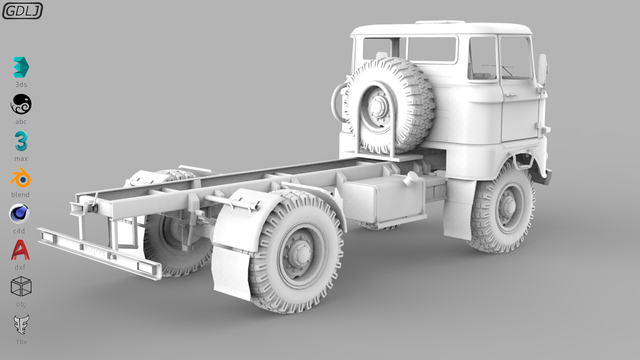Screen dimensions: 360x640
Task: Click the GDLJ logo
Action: (22, 10)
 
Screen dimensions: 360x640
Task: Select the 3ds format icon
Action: (21, 67)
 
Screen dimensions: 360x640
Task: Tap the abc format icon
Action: (21, 104)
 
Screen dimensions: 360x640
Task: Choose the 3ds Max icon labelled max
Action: (21, 141)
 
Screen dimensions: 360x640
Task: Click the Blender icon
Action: (20, 178)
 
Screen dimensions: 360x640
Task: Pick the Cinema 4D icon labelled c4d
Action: (20, 214)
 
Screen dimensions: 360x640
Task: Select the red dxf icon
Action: (20, 250)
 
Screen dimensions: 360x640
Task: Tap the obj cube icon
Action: (21, 286)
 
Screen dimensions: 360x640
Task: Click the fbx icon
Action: (21, 325)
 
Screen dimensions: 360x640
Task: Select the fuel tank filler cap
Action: (411, 178)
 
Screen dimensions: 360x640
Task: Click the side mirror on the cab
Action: (542, 65)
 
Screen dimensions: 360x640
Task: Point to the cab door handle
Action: (510, 94)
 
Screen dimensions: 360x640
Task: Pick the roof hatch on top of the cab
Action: (440, 22)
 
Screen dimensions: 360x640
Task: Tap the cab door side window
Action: (516, 58)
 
